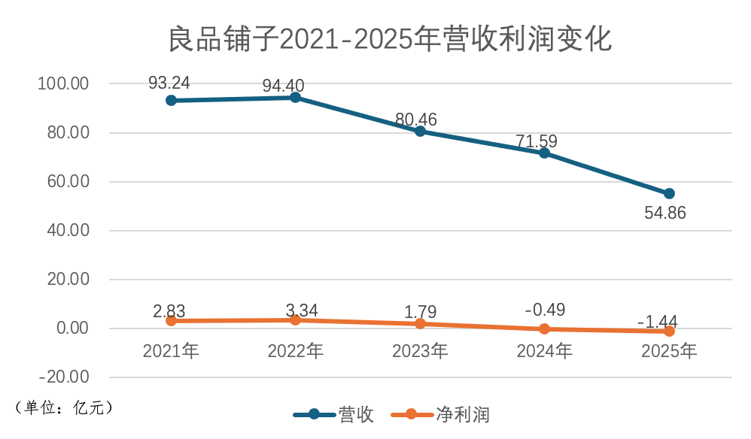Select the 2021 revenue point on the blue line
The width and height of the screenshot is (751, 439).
pyautogui.click(x=171, y=100)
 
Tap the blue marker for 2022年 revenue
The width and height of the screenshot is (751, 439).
pyautogui.click(x=295, y=97)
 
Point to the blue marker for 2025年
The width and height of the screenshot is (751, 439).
pyautogui.click(x=669, y=194)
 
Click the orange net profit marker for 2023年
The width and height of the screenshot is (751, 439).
pyautogui.click(x=420, y=324)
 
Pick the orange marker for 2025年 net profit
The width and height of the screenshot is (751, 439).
pyautogui.click(x=669, y=332)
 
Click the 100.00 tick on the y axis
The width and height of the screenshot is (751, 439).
pyautogui.click(x=64, y=83)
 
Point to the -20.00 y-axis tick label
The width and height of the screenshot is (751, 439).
pyautogui.click(x=64, y=377)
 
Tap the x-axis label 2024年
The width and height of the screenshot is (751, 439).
pyautogui.click(x=544, y=350)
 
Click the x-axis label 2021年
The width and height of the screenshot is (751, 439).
pyautogui.click(x=171, y=350)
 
